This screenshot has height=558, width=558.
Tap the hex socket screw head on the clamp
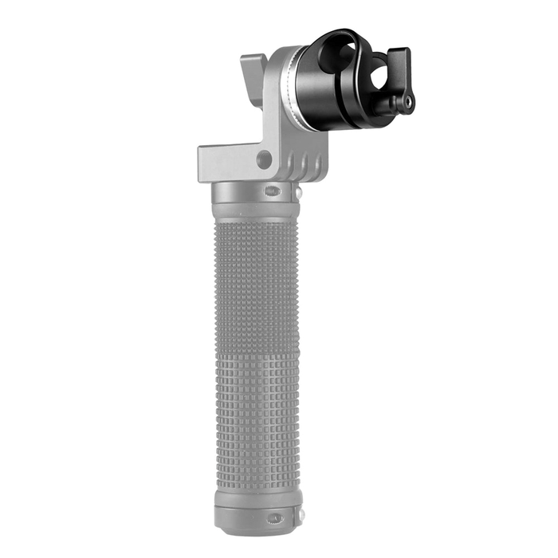(410, 103)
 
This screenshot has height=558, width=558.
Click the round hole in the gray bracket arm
(262, 159)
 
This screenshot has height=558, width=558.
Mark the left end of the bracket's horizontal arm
(204, 163)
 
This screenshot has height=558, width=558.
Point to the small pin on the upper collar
(297, 193)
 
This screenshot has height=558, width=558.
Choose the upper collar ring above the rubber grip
(255, 195)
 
